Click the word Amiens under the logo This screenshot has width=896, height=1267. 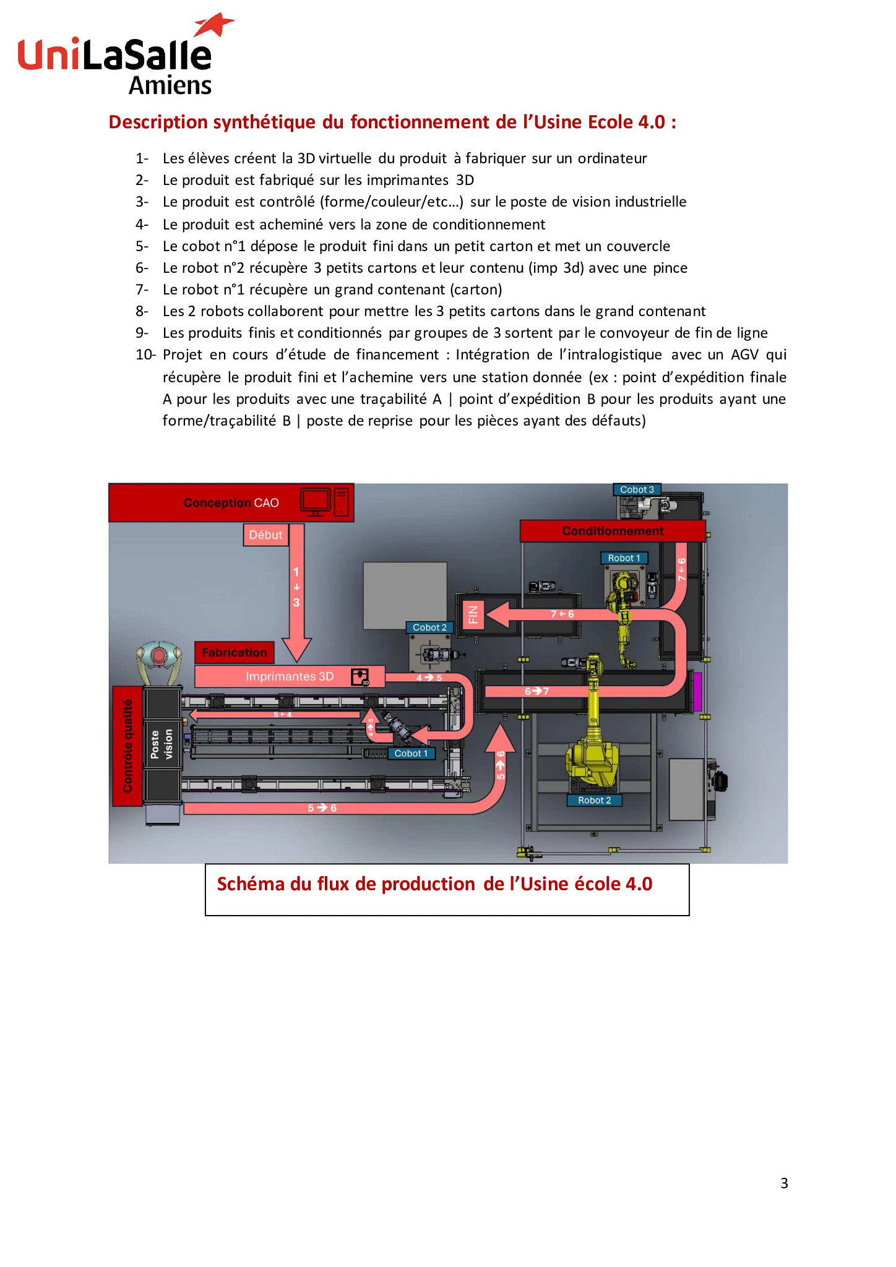pos(170,85)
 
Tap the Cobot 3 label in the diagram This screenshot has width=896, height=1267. pos(637,489)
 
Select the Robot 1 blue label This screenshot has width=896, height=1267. pos(624,558)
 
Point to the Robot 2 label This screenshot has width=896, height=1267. pos(594,800)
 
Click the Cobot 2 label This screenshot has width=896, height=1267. pos(429,627)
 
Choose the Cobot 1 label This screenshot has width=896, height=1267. pos(411,753)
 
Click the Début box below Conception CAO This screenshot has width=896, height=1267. pos(265,535)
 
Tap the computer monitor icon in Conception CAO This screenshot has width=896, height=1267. pos(315,501)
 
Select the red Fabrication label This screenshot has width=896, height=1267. pos(234,652)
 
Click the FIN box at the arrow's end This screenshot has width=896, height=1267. pos(473,614)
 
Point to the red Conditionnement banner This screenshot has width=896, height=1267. pos(612,531)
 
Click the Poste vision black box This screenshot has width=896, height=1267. pos(162,744)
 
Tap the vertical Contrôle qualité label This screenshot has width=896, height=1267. pos(127,745)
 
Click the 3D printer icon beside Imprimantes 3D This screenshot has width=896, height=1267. pos(360,677)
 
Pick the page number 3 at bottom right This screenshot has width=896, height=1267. pos(784,1183)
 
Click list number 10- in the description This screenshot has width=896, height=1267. pos(145,354)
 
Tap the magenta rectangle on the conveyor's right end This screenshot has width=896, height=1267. pos(697,691)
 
